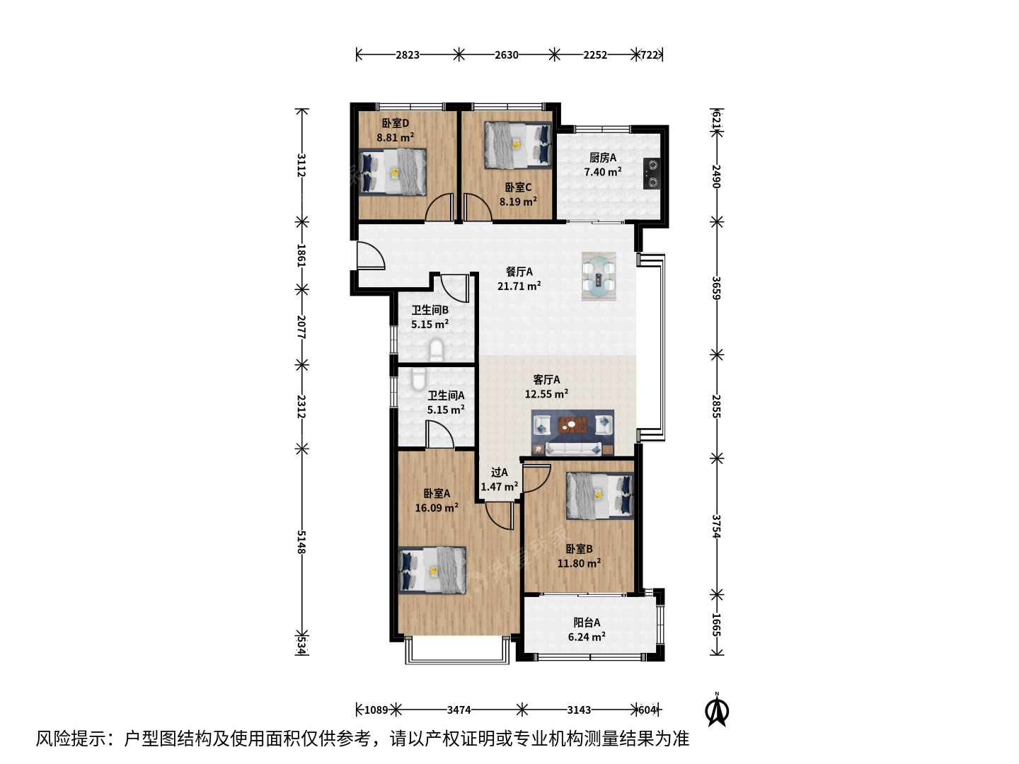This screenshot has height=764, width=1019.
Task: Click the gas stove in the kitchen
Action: [x=652, y=173]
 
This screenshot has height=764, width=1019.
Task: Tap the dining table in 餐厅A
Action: [x=599, y=276]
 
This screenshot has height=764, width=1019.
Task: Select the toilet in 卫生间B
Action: [x=437, y=349]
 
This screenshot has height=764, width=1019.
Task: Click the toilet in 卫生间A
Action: [x=418, y=378]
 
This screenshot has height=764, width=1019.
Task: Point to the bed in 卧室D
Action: [x=392, y=172]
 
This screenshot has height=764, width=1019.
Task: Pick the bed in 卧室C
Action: [x=518, y=145]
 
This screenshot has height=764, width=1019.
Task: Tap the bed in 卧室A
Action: [x=432, y=570]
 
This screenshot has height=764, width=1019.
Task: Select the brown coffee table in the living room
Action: [x=572, y=424]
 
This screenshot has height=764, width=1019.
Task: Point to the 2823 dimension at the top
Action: [x=407, y=54]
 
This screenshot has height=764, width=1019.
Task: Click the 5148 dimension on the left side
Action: [x=301, y=542]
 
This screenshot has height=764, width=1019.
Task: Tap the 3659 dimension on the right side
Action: [x=716, y=288]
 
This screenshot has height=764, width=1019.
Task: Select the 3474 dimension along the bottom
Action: [x=459, y=710]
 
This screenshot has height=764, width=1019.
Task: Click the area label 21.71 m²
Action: [x=519, y=286]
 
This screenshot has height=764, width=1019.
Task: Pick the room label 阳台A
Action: [x=587, y=623]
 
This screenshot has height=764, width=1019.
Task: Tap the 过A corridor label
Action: [x=499, y=473]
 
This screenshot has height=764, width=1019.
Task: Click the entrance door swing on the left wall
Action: [x=371, y=255]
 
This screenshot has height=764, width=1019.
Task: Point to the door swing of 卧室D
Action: [x=439, y=208]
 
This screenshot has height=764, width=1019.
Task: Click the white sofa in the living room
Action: [x=573, y=448]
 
